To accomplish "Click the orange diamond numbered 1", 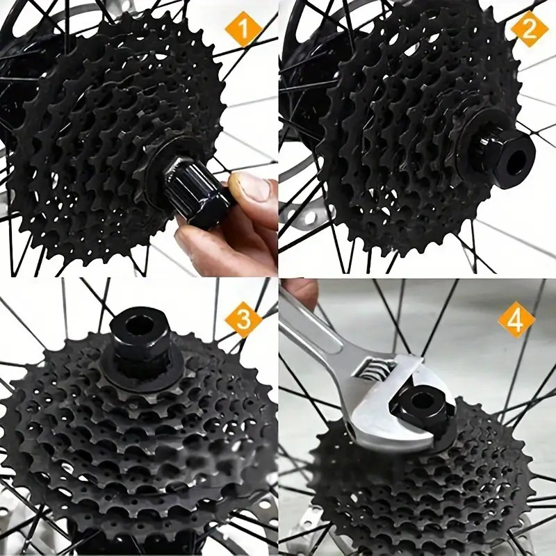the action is (243, 28).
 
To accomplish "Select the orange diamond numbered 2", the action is (530, 28).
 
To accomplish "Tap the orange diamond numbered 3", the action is (243, 319).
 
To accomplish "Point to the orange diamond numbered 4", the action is (516, 320).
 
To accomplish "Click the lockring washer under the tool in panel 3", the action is (142, 369).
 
